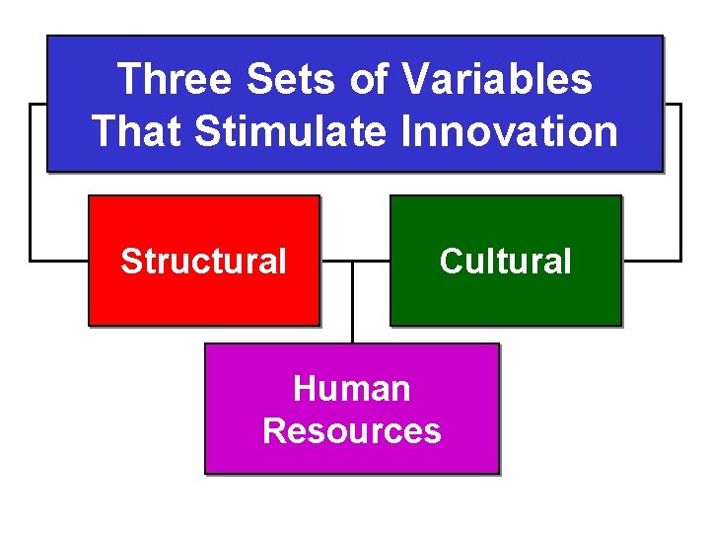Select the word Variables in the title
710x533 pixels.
[497, 79]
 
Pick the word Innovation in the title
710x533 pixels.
[509, 131]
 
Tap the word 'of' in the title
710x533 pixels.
[369, 79]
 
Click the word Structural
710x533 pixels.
[203, 262]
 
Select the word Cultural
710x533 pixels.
[505, 262]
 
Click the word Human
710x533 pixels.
[351, 389]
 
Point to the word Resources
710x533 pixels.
[351, 431]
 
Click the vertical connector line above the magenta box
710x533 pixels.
[352, 306]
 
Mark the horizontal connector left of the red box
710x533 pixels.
[59, 262]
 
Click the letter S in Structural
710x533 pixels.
[129, 262]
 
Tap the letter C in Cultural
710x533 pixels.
[450, 262]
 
